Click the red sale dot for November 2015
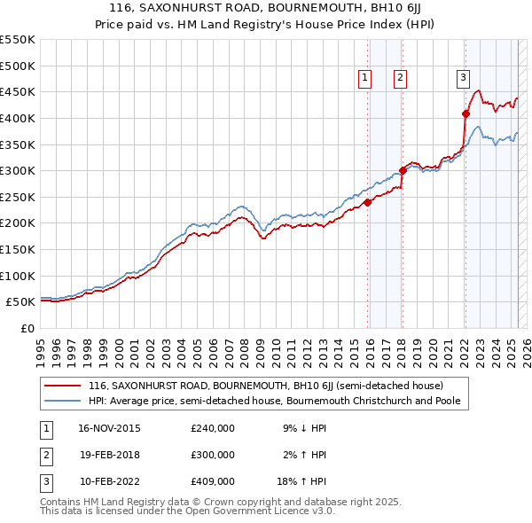click(x=367, y=201)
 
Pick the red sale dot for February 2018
click(x=403, y=170)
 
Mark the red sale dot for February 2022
click(x=465, y=113)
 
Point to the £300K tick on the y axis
click(x=18, y=170)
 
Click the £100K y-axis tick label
click(x=18, y=276)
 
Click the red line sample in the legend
click(x=62, y=386)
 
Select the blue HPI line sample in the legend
click(x=62, y=401)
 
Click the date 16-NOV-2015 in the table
click(x=110, y=428)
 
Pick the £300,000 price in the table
click(x=213, y=455)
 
